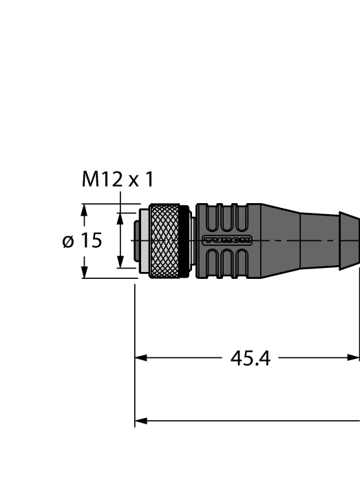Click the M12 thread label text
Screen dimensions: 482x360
click(x=118, y=180)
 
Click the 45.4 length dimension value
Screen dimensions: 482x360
click(x=249, y=359)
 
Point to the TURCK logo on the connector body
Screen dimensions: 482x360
click(x=226, y=240)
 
